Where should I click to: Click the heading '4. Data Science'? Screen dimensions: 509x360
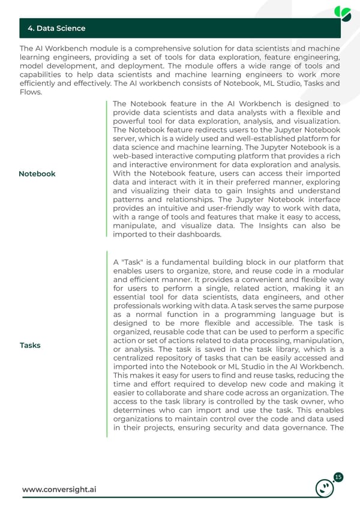pyautogui.click(x=56, y=28)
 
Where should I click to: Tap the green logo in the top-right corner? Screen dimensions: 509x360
pyautogui.click(x=343, y=13)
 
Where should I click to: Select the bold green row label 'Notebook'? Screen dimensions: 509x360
pyautogui.click(x=37, y=173)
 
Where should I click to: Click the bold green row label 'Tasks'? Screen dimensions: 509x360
pyautogui.click(x=30, y=345)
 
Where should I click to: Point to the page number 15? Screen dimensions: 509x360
pyautogui.click(x=338, y=477)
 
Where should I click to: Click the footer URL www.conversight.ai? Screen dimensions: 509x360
pyautogui.click(x=59, y=489)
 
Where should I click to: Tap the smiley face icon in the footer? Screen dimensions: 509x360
pyautogui.click(x=325, y=488)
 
